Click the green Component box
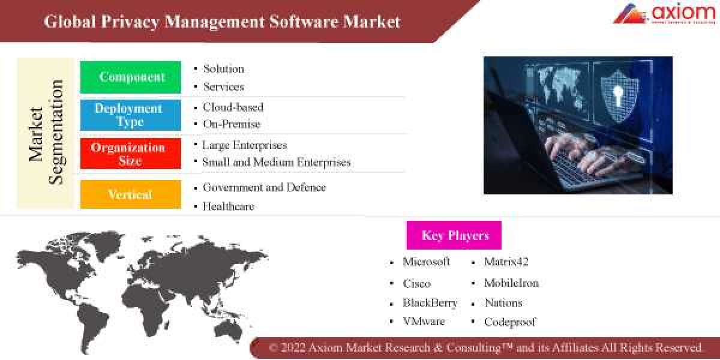[x=131, y=77]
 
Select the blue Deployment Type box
[x=131, y=115]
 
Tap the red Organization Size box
[x=131, y=154]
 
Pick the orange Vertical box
[x=131, y=194]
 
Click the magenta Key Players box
[x=454, y=235]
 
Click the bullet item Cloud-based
[x=233, y=107]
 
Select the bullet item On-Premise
[x=232, y=124]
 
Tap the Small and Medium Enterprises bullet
[x=276, y=162]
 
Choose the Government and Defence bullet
[x=264, y=187]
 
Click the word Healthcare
[x=228, y=206]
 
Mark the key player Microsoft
[x=426, y=262]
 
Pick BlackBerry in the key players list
[x=430, y=303]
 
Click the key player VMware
[x=424, y=322]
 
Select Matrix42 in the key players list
[x=506, y=262]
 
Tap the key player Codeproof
[x=509, y=322]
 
